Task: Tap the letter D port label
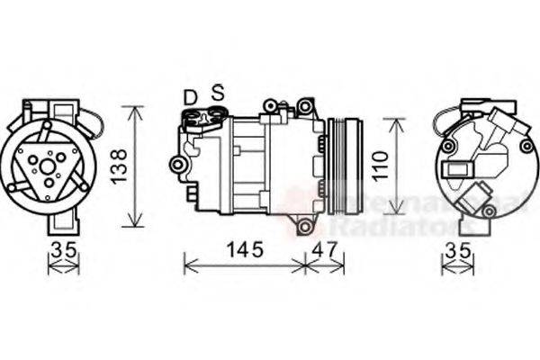click(190, 96)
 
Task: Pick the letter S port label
click(217, 92)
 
